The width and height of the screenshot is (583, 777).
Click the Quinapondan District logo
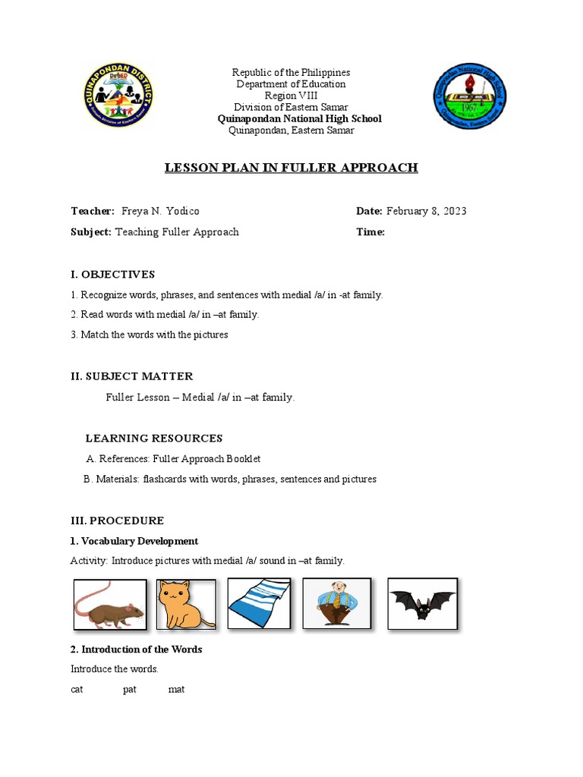click(118, 96)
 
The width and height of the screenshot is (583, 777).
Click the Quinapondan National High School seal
click(469, 96)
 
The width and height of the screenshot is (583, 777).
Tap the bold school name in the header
click(299, 119)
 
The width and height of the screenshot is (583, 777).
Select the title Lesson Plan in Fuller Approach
click(291, 168)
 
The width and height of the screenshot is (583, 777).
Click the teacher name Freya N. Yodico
click(160, 211)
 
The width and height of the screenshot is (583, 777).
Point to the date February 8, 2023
click(427, 211)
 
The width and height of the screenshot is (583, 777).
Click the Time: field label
click(370, 232)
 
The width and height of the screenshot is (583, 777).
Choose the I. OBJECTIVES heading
click(112, 275)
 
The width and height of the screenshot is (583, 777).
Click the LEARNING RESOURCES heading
click(154, 439)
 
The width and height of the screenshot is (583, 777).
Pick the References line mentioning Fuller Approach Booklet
click(174, 459)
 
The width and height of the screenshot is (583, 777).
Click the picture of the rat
click(110, 605)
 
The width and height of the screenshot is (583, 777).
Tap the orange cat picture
click(186, 605)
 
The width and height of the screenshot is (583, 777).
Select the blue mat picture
click(259, 604)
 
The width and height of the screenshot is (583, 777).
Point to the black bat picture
click(422, 604)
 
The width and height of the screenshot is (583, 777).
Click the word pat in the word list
click(129, 690)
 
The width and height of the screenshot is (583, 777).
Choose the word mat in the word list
click(176, 690)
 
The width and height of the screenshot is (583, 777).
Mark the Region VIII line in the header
click(291, 96)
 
